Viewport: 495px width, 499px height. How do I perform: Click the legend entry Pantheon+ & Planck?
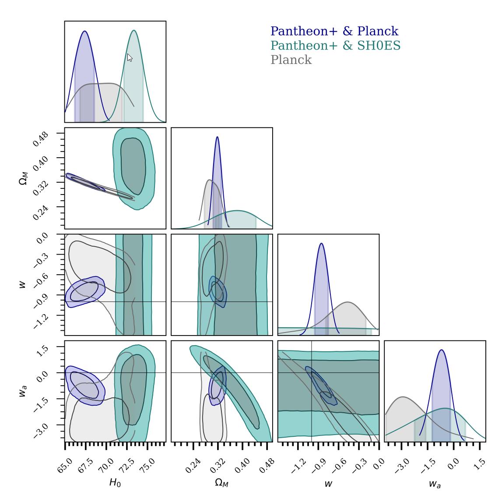click(x=334, y=31)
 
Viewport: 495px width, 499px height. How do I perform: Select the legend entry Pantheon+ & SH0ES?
click(x=336, y=45)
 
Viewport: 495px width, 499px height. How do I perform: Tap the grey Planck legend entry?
click(x=291, y=60)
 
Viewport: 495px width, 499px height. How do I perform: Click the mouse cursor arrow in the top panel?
click(x=130, y=57)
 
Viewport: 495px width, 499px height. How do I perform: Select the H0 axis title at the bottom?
click(x=115, y=483)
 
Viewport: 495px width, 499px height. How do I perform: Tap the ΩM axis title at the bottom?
click(x=221, y=483)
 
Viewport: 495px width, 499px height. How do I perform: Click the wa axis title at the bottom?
click(x=434, y=484)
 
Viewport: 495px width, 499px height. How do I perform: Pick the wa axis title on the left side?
click(x=22, y=391)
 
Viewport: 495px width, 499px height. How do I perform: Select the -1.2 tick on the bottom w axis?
click(x=298, y=464)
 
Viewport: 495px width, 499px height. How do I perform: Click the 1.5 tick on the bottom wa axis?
click(x=479, y=464)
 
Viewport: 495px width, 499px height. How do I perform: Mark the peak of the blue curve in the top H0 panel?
click(x=84, y=31)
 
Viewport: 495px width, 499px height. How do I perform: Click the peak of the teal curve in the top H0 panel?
click(x=134, y=30)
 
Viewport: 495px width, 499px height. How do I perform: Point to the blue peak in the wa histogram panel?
click(x=441, y=350)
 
